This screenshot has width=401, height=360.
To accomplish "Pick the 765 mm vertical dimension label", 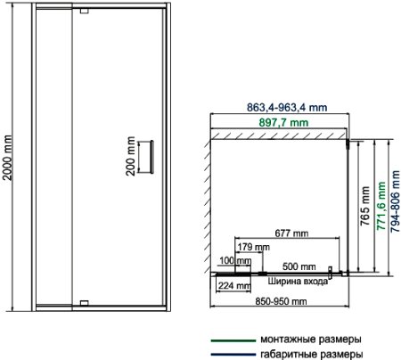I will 364,207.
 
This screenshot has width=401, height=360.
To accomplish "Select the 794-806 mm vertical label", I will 394,207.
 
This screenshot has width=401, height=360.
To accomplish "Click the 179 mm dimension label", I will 254,247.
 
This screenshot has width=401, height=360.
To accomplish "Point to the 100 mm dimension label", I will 233,261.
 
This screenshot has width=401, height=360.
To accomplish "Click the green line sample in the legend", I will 232,339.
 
